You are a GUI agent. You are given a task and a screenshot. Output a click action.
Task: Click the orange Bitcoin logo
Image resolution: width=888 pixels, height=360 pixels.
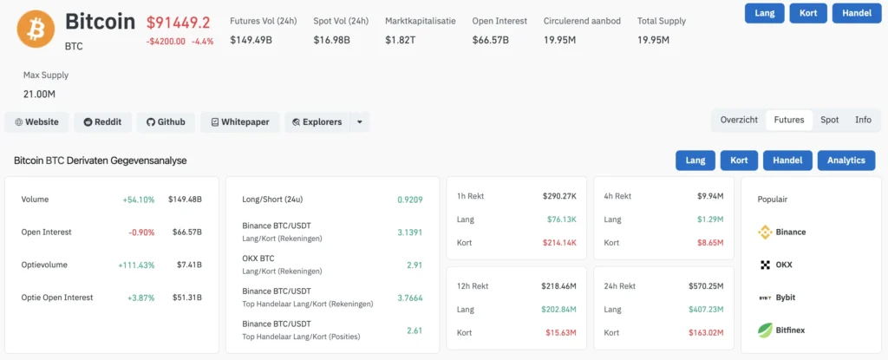36,29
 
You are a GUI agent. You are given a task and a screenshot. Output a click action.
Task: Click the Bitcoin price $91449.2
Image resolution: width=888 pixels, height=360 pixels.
179,23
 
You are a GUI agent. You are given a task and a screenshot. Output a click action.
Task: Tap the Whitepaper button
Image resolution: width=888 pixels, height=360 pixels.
240,122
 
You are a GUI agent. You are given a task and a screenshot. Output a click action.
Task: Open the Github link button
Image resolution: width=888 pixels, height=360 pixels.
166,122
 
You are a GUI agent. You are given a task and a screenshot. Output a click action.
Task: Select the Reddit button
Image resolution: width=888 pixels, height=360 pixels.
102,122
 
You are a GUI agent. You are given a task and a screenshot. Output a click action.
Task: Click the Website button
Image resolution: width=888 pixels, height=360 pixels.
36,122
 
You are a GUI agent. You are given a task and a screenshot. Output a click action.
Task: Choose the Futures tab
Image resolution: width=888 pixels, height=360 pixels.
789,121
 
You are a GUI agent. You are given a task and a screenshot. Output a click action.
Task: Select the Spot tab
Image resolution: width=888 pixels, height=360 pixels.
830,121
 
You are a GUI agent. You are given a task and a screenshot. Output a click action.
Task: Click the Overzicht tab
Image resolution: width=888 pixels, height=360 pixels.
739,121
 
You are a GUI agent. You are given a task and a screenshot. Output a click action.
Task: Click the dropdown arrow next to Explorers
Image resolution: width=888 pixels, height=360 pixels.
360,122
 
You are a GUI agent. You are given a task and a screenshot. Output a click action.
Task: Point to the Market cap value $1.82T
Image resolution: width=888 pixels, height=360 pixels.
401,40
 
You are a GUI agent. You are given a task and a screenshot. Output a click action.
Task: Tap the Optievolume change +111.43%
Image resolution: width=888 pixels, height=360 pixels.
136,265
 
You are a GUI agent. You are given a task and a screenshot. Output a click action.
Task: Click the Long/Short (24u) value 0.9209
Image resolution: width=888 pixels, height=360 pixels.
410,200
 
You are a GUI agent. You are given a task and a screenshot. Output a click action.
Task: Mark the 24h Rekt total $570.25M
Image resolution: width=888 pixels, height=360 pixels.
706,286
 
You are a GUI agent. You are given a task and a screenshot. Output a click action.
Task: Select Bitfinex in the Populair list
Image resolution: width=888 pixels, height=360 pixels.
782,330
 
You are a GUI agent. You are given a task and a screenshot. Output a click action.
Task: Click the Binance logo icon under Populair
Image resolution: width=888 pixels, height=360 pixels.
765,232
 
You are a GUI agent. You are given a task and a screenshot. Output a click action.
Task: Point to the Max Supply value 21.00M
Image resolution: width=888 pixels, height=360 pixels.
39,94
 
